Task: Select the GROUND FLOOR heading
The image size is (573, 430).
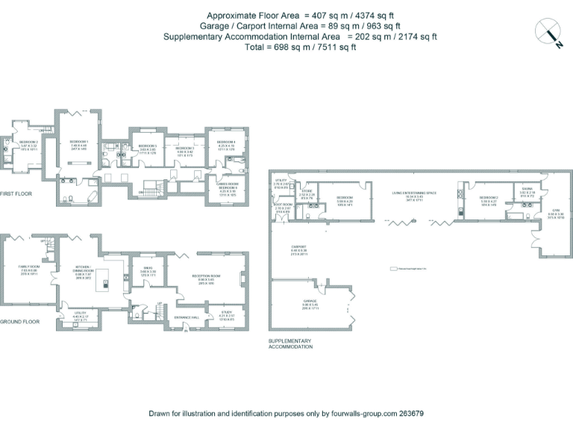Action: click(x=19, y=322)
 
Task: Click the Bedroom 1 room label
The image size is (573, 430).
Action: click(x=79, y=142)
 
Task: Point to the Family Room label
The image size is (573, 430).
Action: click(x=28, y=266)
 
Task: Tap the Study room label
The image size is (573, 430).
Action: click(x=227, y=311)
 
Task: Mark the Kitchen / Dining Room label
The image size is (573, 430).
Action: click(x=83, y=267)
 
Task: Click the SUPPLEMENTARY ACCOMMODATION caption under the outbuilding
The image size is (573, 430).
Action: click(x=290, y=344)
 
